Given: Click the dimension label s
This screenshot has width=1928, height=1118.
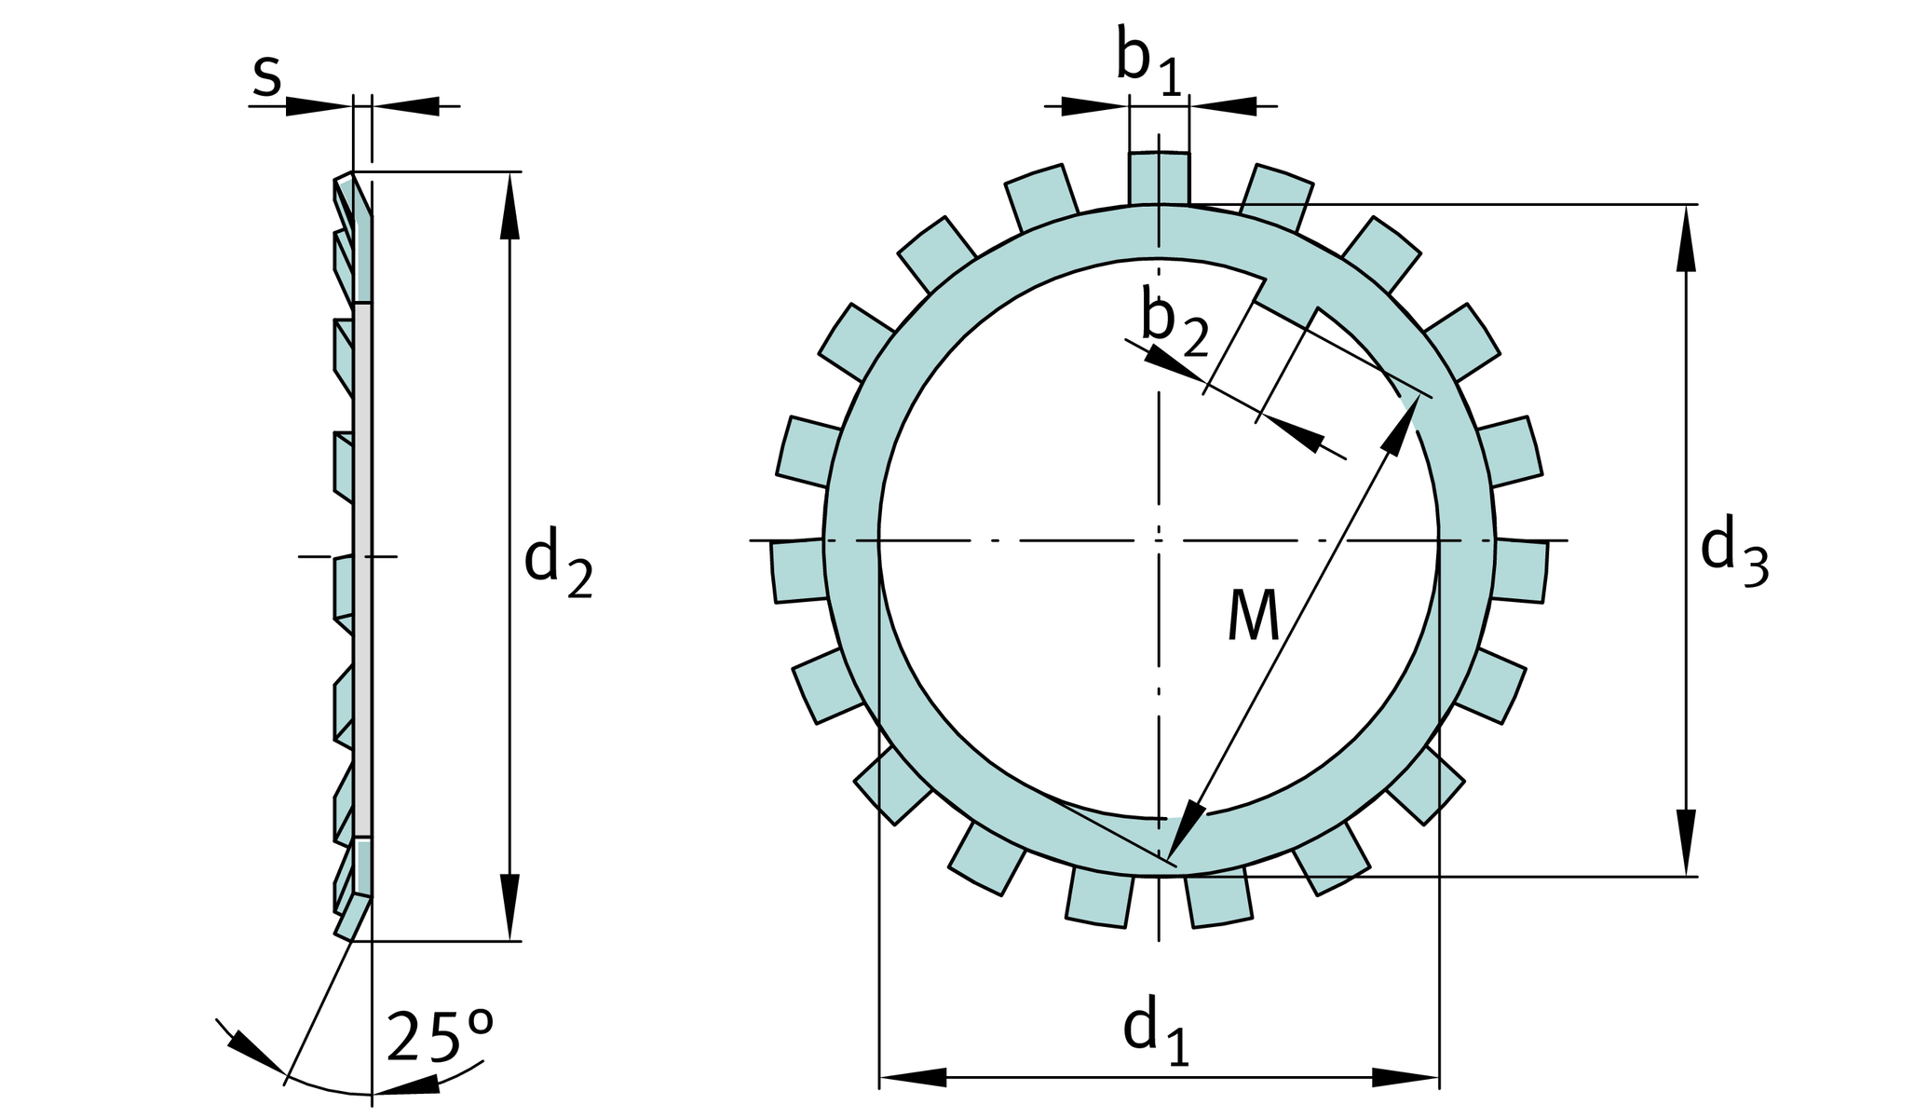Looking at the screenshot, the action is [267, 77].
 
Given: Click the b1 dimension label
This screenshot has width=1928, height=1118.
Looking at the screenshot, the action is [1149, 63].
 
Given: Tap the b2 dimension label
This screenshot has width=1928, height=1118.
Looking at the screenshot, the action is [1174, 323].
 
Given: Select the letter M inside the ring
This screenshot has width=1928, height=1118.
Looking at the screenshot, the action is [1254, 616].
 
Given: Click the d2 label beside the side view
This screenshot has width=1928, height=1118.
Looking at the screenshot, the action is [558, 562].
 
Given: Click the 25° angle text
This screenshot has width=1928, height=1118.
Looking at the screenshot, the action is [440, 1036].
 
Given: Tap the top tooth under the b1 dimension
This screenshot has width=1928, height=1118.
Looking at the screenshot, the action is [1160, 177].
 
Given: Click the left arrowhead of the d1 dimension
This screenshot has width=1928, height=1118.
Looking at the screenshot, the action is [913, 1078].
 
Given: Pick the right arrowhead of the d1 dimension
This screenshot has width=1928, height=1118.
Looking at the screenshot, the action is [1406, 1078].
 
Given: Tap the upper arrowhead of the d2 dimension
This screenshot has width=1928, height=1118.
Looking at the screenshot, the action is [509, 206].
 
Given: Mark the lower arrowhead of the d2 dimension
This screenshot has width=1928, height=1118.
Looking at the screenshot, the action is [509, 907].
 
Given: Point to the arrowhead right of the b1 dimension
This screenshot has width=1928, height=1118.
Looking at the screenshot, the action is [1224, 106].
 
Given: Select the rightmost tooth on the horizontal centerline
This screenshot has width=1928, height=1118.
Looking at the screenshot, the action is [1519, 570].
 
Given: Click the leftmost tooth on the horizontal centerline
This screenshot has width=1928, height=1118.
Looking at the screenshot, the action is [799, 570].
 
